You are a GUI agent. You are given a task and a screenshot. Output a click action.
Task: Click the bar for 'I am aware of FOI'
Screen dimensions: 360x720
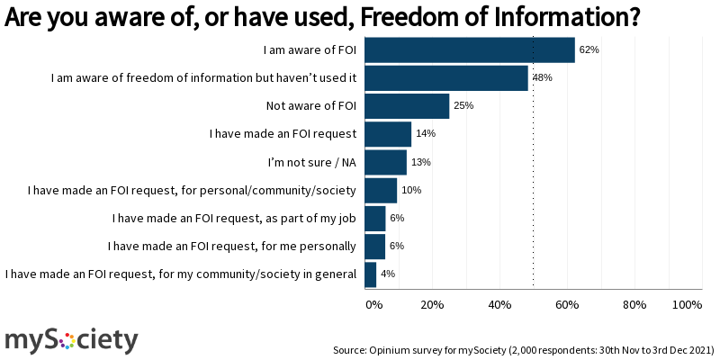(469, 50)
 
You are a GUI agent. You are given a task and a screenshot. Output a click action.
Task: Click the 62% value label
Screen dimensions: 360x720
(589, 50)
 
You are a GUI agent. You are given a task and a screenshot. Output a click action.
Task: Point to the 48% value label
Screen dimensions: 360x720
(542, 78)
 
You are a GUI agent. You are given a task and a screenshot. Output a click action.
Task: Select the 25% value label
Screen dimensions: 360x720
(463, 106)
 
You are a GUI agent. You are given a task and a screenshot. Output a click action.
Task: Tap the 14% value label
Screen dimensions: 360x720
(426, 134)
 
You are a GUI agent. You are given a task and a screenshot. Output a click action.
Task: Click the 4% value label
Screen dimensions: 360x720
(388, 274)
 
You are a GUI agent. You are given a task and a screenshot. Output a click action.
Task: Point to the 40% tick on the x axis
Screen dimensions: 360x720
(500, 305)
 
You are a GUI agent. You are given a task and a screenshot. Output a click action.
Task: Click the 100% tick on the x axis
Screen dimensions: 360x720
(687, 305)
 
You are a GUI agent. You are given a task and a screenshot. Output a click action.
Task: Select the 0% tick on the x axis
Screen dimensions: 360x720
(373, 305)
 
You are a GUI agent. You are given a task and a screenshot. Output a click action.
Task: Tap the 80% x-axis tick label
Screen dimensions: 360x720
(635, 305)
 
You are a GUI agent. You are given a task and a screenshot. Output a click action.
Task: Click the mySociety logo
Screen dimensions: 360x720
(72, 339)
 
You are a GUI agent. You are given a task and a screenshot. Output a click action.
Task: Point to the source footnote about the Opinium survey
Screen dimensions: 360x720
(524, 349)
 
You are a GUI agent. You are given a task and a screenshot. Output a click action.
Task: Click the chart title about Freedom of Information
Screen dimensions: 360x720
(322, 16)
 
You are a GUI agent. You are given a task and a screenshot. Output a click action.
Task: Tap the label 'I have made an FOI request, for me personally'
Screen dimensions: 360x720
(232, 246)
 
